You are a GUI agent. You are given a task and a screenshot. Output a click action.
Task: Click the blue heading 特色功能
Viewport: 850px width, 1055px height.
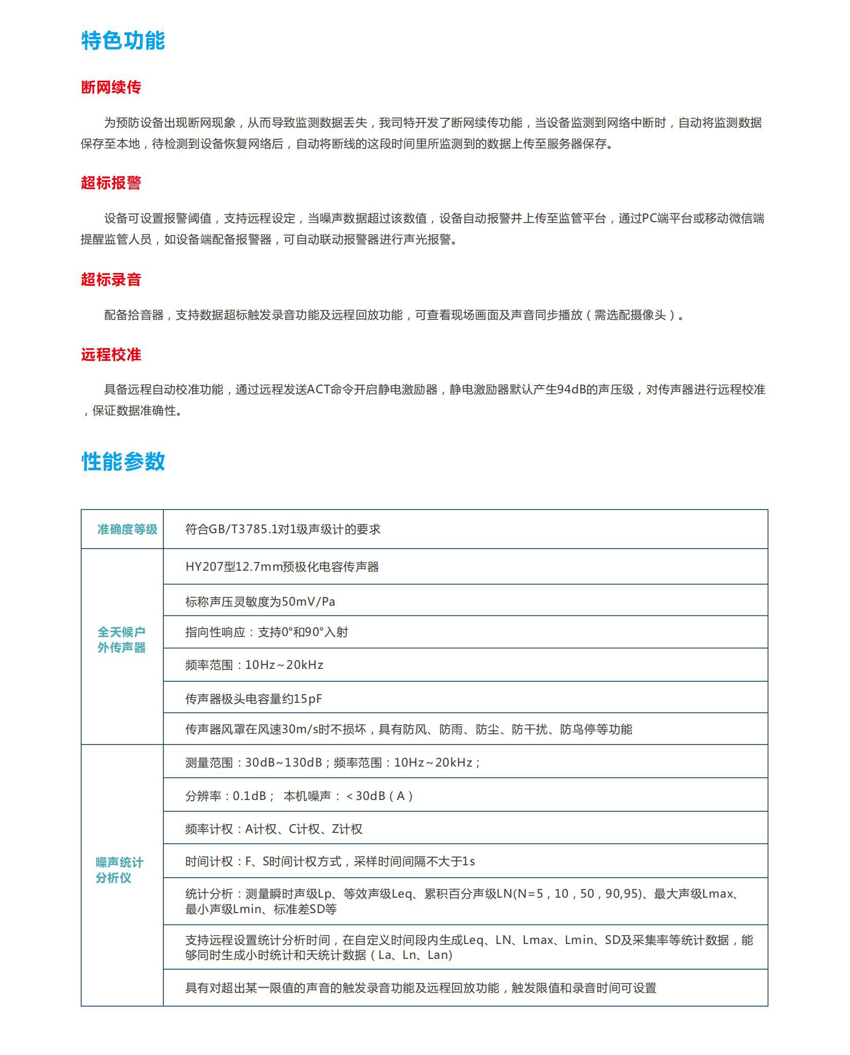pos(123,41)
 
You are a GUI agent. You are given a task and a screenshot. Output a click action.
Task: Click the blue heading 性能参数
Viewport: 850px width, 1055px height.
pos(123,461)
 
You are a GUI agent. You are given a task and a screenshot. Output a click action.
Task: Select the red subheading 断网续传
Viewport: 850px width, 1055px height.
pos(110,87)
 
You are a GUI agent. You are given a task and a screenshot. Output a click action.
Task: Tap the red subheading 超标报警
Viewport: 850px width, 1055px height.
pos(110,183)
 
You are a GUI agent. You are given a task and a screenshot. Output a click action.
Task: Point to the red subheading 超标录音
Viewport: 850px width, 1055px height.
pos(110,280)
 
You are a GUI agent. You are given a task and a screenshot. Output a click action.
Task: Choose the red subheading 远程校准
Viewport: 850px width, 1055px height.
pos(110,355)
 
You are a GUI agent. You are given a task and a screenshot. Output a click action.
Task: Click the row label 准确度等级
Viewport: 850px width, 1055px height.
pos(127,529)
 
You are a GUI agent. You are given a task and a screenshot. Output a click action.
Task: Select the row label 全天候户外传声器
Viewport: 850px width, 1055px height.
pos(122,640)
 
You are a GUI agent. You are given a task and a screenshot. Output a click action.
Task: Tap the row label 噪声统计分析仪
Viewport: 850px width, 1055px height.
pos(119,870)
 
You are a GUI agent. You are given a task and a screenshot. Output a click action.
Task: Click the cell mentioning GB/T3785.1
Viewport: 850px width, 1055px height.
pos(283,529)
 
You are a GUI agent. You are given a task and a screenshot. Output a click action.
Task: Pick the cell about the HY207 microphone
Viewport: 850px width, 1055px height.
pos(282,567)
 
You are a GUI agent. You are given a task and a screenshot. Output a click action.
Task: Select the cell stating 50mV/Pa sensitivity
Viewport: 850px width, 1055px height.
pos(260,602)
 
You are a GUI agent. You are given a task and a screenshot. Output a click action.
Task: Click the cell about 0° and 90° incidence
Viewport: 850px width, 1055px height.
pos(266,632)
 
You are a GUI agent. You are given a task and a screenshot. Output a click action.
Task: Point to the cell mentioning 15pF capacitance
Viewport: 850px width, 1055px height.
pos(253,699)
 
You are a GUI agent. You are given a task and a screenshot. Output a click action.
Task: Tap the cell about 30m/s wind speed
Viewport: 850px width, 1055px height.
pos(409,729)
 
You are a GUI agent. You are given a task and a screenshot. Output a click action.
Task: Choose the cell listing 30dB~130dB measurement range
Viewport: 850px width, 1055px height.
pos(332,762)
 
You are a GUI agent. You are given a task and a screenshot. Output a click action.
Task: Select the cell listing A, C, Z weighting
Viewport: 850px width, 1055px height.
pos(273,829)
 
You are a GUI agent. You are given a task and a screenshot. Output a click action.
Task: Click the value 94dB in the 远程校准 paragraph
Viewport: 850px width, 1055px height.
pos(571,390)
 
